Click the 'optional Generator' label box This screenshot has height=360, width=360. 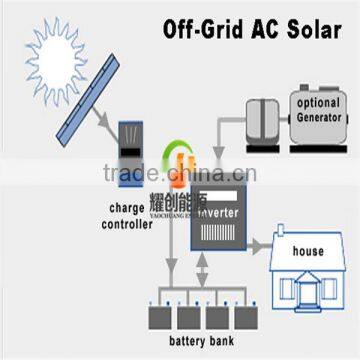[317, 108]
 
